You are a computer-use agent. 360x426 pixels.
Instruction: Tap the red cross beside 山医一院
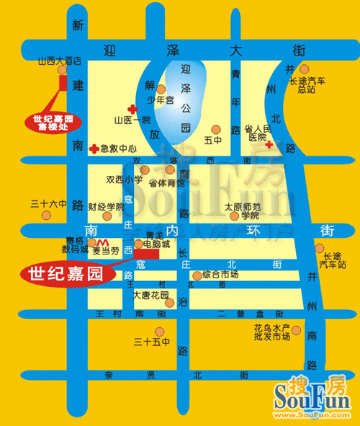(131, 105)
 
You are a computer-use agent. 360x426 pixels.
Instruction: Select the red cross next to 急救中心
(94, 148)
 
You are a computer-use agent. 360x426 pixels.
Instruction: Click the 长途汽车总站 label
(307, 84)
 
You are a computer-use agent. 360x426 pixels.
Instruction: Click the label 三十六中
(48, 203)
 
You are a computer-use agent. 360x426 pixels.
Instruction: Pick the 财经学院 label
(107, 207)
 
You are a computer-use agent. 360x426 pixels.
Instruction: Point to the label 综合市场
(220, 275)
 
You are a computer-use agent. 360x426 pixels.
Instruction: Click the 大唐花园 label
(150, 296)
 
